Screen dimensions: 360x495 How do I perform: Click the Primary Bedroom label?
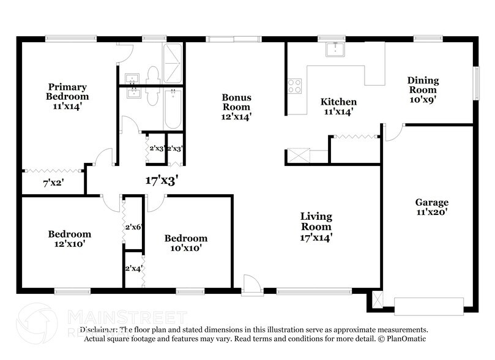67,96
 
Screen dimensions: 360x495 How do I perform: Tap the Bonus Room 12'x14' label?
236,107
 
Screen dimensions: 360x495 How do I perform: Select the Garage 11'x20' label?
432,207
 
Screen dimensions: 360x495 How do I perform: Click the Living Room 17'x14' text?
316,226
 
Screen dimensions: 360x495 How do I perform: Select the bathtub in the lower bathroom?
173,109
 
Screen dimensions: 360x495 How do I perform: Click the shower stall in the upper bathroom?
173,64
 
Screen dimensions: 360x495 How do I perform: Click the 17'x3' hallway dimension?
161,181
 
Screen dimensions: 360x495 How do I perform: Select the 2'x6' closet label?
133,227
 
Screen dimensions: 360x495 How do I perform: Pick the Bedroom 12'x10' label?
69,238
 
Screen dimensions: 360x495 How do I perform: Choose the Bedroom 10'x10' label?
185,242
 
